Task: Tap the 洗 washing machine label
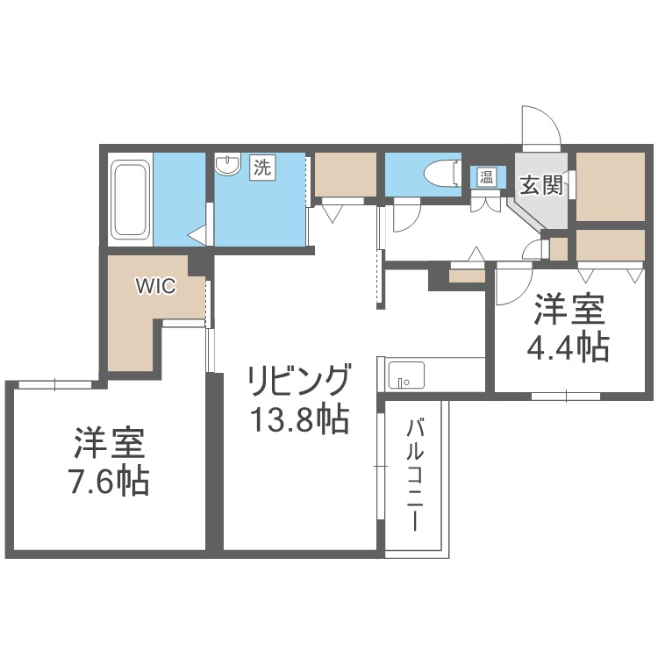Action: [262, 167]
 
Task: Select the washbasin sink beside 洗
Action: [228, 164]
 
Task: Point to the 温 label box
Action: [485, 175]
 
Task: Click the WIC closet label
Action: [155, 285]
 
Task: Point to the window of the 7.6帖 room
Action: [54, 383]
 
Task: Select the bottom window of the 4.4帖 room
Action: [566, 395]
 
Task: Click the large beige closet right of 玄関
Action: [611, 187]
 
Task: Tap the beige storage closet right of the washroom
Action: [345, 174]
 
